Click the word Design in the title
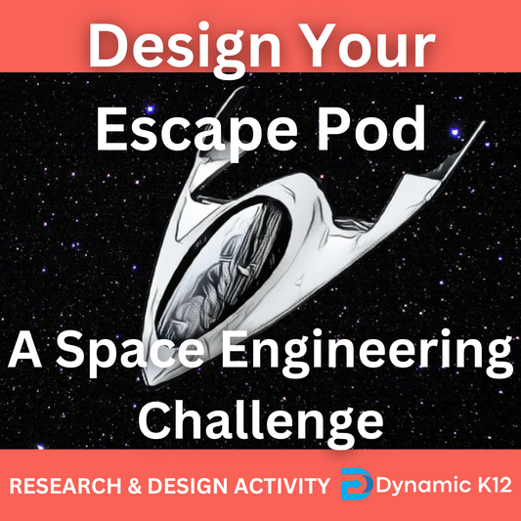point(185,50)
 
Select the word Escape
point(196,132)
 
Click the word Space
point(130,352)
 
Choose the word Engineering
point(367,353)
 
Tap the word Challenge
point(261,422)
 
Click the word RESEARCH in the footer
point(65,486)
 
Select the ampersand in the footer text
point(135,486)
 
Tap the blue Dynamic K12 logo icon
point(356,484)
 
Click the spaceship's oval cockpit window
point(223,268)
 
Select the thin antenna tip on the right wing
point(483,122)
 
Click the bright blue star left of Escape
point(151,109)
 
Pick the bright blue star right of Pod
point(455,132)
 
